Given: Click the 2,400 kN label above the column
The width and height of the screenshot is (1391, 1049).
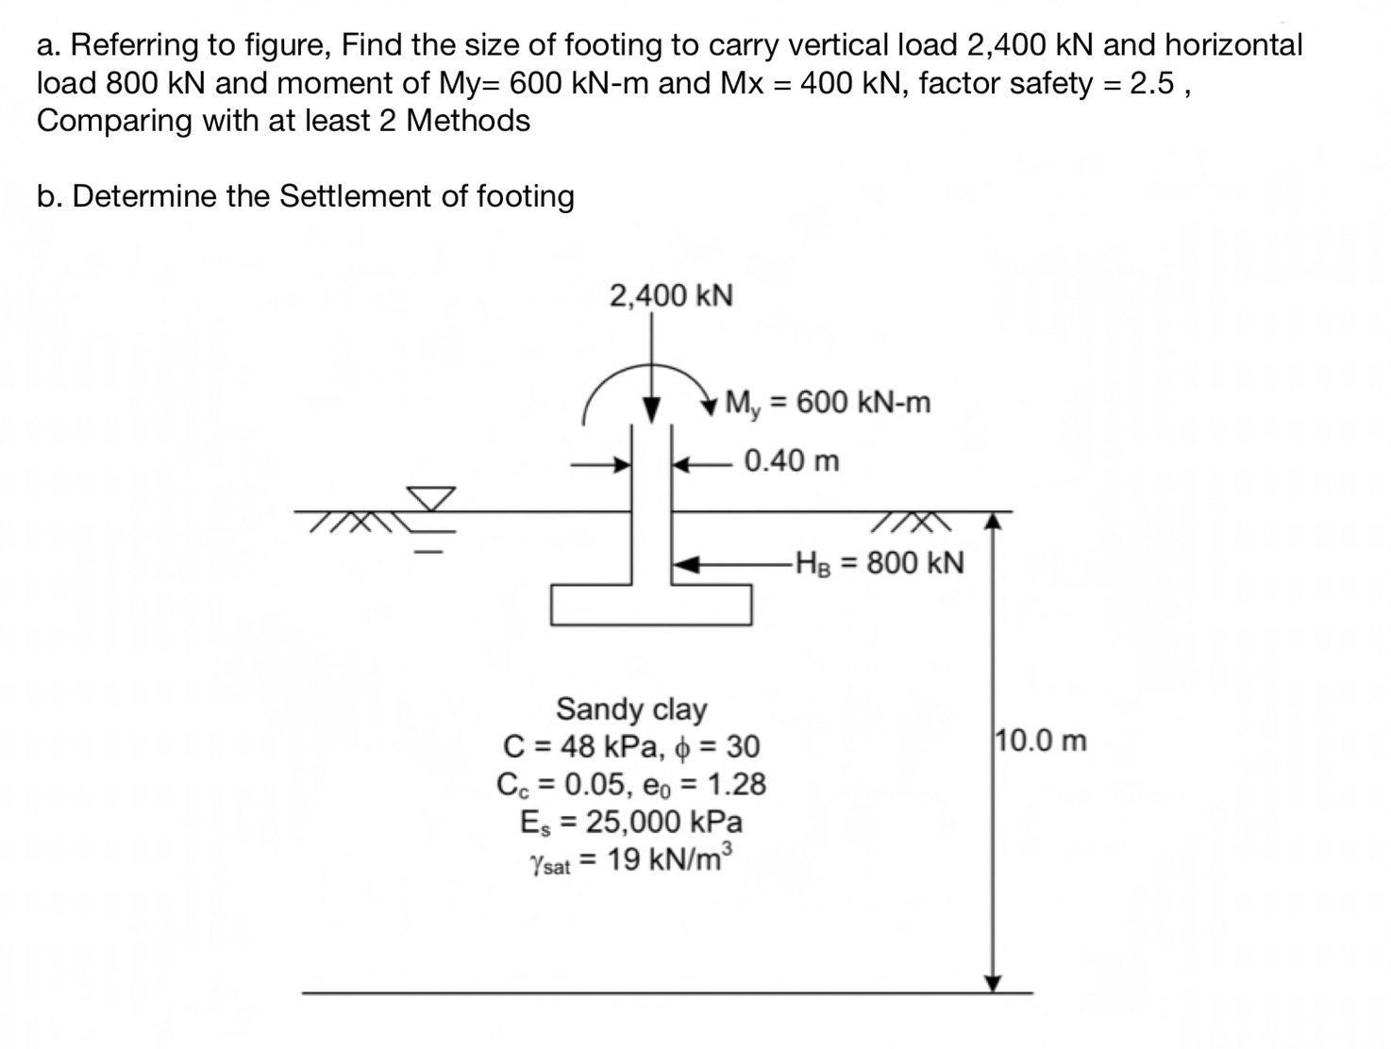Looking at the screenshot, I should point(671,295).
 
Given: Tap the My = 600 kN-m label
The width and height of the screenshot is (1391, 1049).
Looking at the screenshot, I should point(828,403).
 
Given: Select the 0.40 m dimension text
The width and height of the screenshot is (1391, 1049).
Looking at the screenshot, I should point(791,461).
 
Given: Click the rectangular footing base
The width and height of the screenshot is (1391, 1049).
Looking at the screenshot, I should point(651,605).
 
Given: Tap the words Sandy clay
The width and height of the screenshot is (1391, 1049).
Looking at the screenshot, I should point(631,708).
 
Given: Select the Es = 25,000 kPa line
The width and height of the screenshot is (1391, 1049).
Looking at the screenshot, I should point(631,822).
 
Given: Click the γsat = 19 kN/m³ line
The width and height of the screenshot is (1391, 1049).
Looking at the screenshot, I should point(631,860).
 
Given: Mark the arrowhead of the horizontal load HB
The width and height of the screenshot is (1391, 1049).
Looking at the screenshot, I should point(684,564).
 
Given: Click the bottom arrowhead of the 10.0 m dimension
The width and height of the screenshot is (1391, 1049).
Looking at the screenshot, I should point(992,984).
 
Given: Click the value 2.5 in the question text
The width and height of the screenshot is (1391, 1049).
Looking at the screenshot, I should point(1152,83).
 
